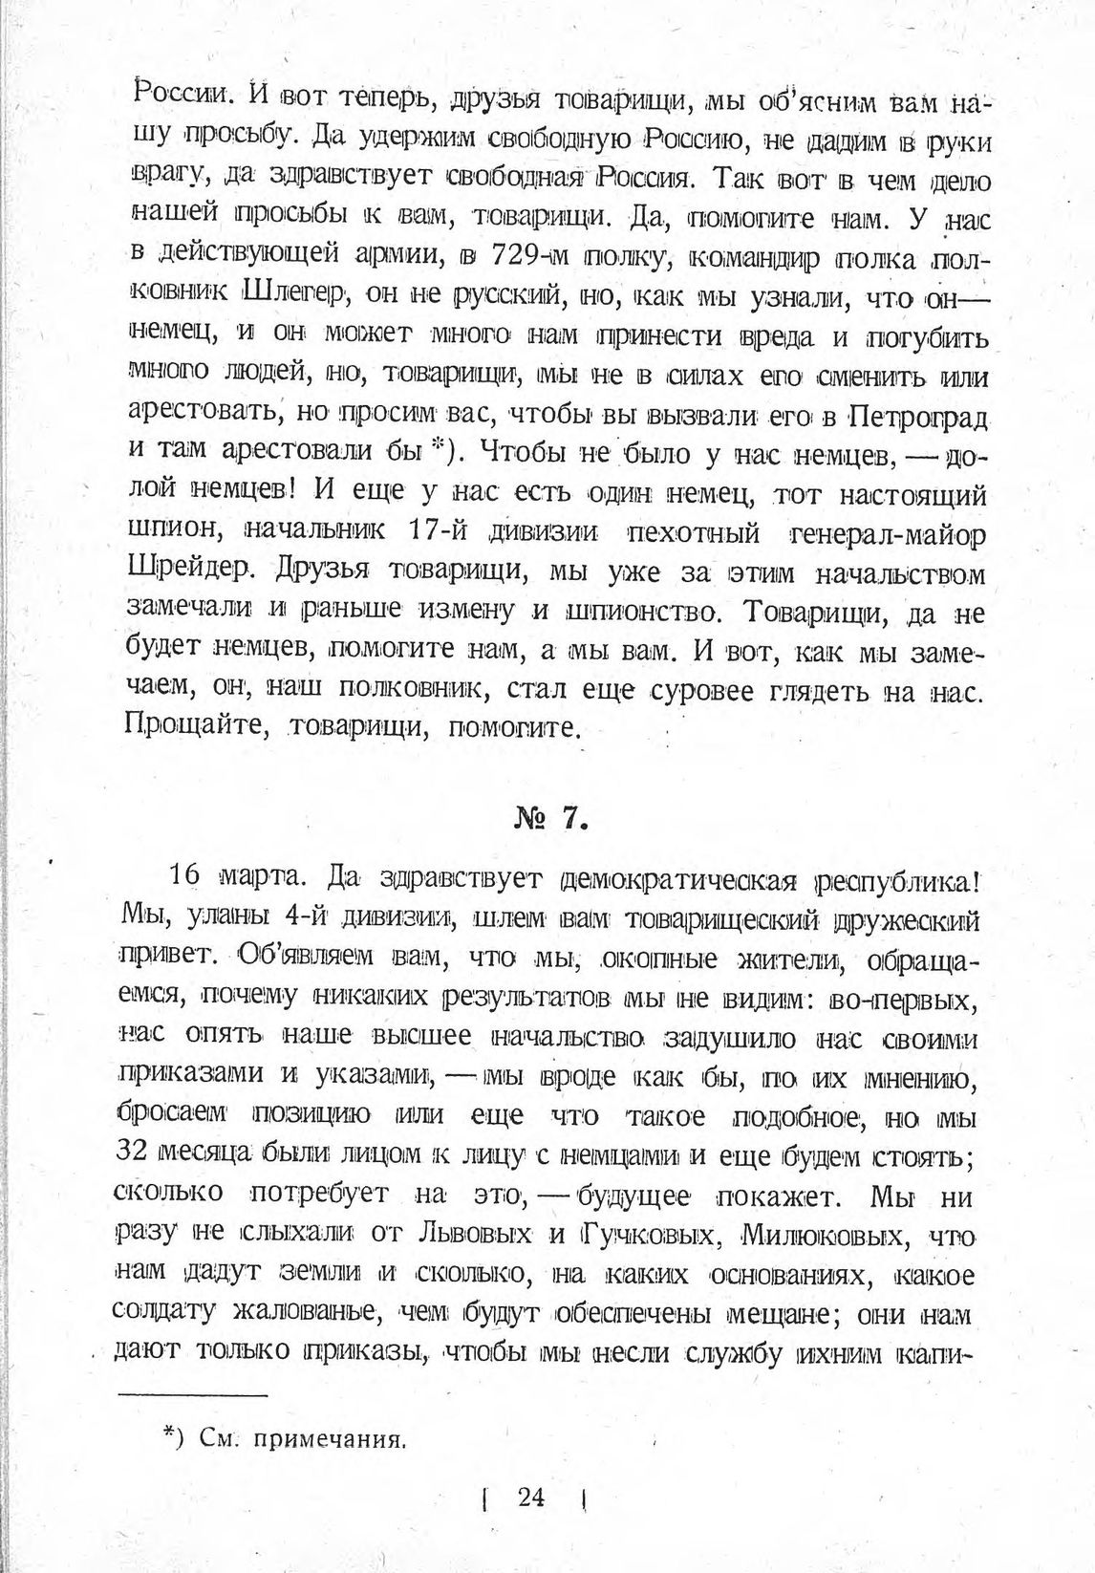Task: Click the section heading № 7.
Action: pos(548,821)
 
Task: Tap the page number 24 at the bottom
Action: pos(531,1497)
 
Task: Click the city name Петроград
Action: pos(918,418)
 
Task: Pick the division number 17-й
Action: pos(440,531)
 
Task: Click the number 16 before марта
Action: pos(187,876)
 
